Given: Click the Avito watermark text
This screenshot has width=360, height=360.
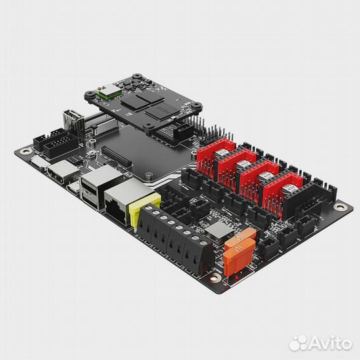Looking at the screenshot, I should pos(328,343).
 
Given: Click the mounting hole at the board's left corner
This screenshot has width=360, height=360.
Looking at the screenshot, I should pos(26,151).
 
